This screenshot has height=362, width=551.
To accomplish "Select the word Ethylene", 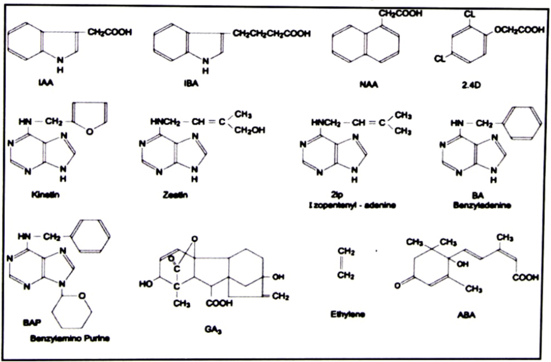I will point(348,314).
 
